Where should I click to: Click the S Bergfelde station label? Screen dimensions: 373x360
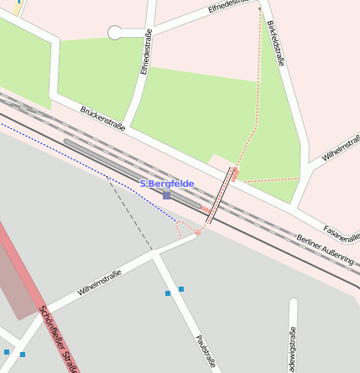[x=166, y=184]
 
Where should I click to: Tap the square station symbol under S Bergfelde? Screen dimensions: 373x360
[x=167, y=195]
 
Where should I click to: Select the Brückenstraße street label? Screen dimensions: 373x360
[x=102, y=118]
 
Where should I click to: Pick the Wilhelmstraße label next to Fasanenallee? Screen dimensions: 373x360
[x=341, y=148]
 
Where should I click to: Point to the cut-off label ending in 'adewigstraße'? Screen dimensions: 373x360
[x=292, y=349]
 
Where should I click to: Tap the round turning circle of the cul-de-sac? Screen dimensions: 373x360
[x=115, y=33]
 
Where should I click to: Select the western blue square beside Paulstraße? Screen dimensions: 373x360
[x=168, y=294]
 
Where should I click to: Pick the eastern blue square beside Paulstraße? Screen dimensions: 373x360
[x=181, y=289]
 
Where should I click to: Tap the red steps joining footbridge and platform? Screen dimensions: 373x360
[x=205, y=208]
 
